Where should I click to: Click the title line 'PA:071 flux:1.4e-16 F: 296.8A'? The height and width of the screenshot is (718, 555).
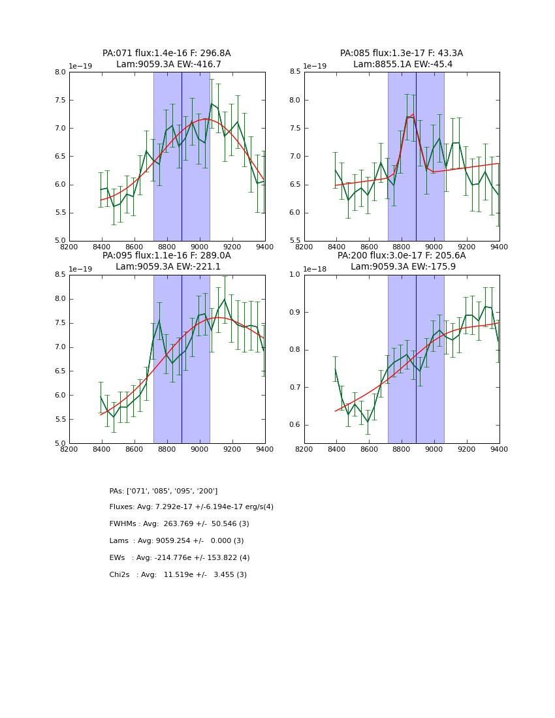tap(166, 54)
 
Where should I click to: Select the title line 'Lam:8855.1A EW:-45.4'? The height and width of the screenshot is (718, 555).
tap(402, 65)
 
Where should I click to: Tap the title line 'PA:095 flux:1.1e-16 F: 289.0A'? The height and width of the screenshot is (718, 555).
tap(166, 256)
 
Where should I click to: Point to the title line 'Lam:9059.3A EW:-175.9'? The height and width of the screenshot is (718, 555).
tap(402, 267)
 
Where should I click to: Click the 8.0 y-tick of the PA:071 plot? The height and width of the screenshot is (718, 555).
tap(59, 72)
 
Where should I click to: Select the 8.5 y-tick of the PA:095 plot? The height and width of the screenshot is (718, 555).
tap(59, 275)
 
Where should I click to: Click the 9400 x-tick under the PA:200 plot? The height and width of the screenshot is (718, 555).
tap(499, 449)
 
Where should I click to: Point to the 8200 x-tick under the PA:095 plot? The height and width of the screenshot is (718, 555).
tap(69, 449)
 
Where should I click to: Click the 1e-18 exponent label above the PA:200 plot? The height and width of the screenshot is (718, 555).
tap(317, 269)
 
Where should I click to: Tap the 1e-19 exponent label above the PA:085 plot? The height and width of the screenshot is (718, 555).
tap(317, 67)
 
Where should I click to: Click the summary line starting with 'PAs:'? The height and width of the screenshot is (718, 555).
tap(163, 491)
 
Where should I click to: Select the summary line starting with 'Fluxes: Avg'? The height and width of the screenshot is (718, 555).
tap(191, 507)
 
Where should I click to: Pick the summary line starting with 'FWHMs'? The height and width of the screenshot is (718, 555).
tap(179, 524)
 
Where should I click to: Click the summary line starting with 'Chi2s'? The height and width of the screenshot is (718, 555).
tap(178, 575)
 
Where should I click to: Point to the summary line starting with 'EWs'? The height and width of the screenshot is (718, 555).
tap(180, 558)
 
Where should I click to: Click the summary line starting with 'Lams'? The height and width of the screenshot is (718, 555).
tap(176, 541)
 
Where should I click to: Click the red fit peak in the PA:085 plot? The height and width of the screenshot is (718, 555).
tap(413, 114)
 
